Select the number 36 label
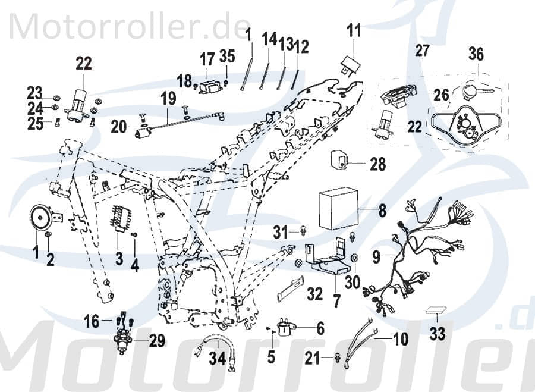pyautogui.click(x=476, y=54)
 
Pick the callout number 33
pyautogui.click(x=437, y=333)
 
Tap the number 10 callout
pyautogui.click(x=400, y=340)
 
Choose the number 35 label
pyautogui.click(x=226, y=57)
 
